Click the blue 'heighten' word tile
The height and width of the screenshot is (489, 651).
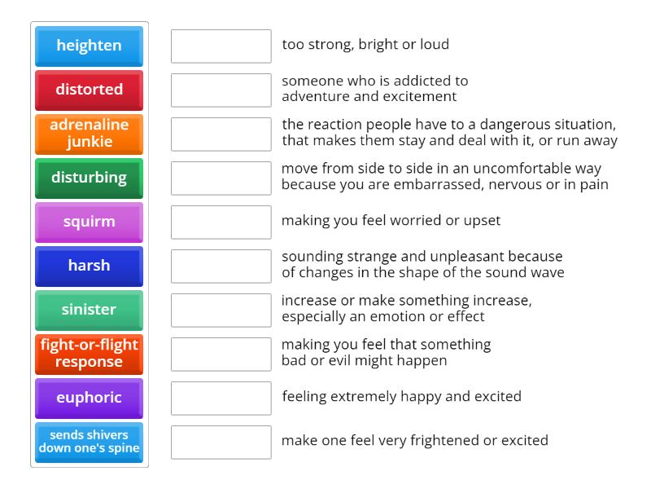pos(89,46)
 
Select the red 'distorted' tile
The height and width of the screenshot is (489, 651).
pos(89,90)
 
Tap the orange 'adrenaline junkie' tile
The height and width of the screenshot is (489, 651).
pos(89,134)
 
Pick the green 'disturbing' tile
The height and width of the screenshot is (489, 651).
pos(89,178)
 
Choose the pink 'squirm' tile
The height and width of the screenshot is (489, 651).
pos(89,222)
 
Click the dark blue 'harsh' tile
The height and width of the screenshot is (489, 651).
pos(89,267)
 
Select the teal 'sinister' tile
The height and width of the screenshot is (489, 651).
pos(89,311)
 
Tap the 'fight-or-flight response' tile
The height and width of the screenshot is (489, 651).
pos(89,355)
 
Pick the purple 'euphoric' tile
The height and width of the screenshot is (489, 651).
pos(89,399)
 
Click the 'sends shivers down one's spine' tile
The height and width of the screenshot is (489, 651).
pos(89,443)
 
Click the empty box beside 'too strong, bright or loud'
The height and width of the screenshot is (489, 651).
pos(221,46)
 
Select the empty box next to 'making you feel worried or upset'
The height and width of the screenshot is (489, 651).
pos(221,222)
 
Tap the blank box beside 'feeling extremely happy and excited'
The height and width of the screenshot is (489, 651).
pos(221,399)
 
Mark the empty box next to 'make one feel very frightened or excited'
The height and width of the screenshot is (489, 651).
pos(221,443)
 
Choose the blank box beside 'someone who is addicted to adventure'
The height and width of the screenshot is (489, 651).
pos(221,90)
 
